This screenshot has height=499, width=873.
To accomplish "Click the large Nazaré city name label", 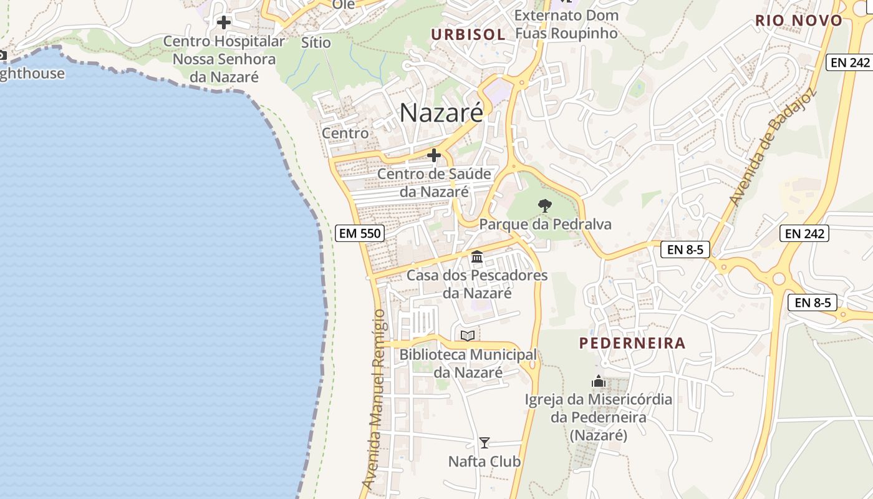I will tap(441, 113).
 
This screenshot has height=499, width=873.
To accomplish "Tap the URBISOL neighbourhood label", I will tap(468, 34).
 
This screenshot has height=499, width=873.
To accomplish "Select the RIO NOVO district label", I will tap(799, 21).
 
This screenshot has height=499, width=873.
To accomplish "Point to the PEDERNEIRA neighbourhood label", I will tap(632, 343).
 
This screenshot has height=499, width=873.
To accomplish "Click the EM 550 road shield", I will tap(359, 234).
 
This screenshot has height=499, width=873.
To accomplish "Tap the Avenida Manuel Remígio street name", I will tap(377, 399).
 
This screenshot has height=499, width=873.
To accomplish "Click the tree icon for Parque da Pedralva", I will tap(545, 205).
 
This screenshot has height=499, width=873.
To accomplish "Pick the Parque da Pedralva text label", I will tap(545, 225).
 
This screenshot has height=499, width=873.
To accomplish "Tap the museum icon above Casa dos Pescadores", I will tap(478, 256).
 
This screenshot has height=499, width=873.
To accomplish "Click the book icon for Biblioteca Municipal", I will tap(468, 336).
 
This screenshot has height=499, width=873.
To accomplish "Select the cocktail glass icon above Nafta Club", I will tap(485, 443).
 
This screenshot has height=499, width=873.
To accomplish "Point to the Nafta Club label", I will tap(485, 462).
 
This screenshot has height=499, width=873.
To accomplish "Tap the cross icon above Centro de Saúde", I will tap(434, 155).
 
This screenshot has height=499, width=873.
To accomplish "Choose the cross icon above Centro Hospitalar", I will tap(224, 22).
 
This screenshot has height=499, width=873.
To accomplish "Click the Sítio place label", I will tap(316, 42).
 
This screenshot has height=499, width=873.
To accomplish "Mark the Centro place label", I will tap(345, 133).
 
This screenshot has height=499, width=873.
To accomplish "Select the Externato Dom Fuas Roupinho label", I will tap(566, 24).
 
